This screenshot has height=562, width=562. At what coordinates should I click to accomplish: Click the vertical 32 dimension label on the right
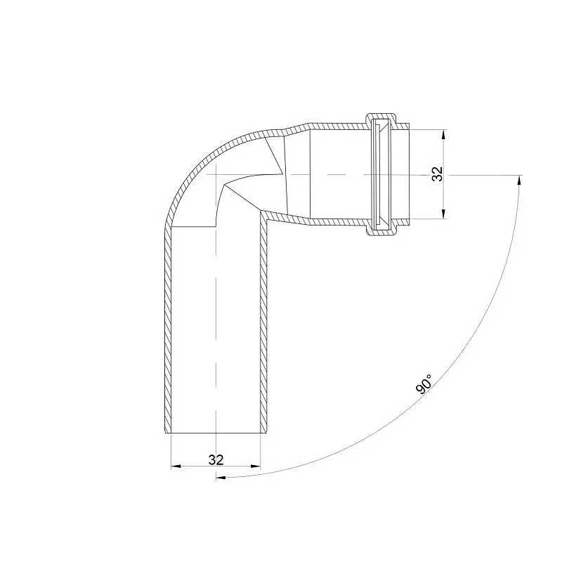[x=438, y=174]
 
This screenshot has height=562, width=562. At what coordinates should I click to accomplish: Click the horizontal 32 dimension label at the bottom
[x=216, y=459]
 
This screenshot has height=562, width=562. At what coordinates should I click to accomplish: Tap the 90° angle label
[x=424, y=384]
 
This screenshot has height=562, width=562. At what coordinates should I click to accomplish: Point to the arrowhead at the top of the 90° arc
[x=518, y=180]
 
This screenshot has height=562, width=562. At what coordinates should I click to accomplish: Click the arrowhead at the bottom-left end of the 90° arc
[x=221, y=478]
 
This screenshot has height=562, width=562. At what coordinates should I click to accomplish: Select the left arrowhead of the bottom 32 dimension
[x=176, y=466]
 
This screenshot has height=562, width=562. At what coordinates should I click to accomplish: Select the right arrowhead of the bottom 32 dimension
[x=256, y=466]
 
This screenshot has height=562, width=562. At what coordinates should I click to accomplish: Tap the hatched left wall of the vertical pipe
[x=168, y=329]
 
